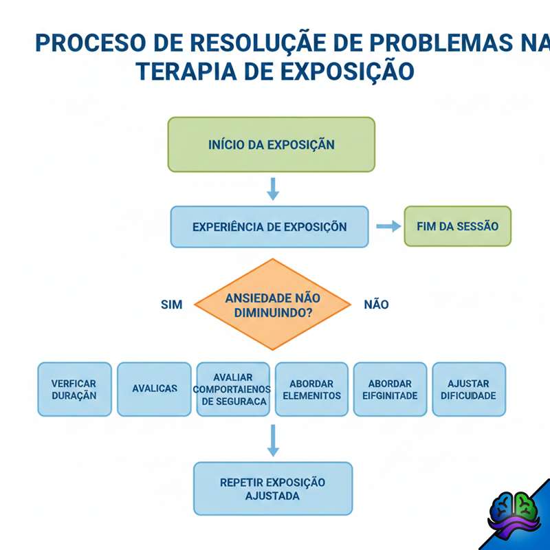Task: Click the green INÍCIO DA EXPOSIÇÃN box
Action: pyautogui.click(x=272, y=144)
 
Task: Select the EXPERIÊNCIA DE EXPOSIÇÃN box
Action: pyautogui.click(x=269, y=227)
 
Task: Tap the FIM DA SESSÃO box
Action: pyautogui.click(x=457, y=226)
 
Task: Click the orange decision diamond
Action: pyautogui.click(x=273, y=304)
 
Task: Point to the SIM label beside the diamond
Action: pyautogui.click(x=172, y=304)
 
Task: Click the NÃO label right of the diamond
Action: pyautogui.click(x=376, y=304)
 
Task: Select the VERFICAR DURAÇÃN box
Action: pyautogui.click(x=74, y=389)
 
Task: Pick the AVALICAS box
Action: pyautogui.click(x=154, y=389)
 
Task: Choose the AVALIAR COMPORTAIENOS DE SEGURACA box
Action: pyautogui.click(x=233, y=389)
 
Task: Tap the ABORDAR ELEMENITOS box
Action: pyautogui.click(x=311, y=389)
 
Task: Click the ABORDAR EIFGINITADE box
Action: pyautogui.click(x=390, y=389)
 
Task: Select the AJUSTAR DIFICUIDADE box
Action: pyautogui.click(x=469, y=389)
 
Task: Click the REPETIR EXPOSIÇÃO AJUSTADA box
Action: pyautogui.click(x=273, y=488)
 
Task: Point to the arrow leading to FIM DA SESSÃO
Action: pyautogui.click(x=388, y=227)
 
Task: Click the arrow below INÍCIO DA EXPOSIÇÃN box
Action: pyautogui.click(x=273, y=189)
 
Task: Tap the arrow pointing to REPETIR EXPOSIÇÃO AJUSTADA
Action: pyautogui.click(x=273, y=440)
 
